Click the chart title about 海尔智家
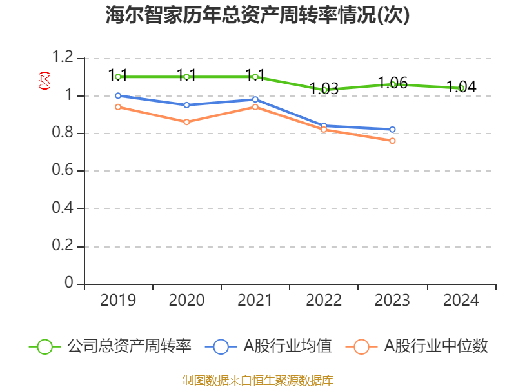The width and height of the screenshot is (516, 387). [258, 15]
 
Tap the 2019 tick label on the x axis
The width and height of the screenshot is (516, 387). [118, 301]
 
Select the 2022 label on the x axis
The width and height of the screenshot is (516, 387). [324, 301]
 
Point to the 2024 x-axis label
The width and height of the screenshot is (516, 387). [461, 301]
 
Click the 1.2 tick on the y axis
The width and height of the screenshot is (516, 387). [64, 59]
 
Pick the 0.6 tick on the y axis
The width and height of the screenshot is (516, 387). [64, 171]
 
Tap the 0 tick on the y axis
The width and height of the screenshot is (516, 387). [70, 284]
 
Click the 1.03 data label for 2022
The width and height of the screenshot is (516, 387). [324, 89]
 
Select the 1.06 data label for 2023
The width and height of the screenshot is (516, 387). [392, 83]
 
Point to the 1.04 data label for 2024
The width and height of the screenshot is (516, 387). [461, 87]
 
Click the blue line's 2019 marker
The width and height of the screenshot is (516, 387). [118, 95]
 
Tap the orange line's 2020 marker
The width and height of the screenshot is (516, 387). [186, 122]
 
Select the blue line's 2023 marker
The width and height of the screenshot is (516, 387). [392, 130]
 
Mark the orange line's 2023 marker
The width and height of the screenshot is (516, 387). [392, 141]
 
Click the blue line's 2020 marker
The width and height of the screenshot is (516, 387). [186, 105]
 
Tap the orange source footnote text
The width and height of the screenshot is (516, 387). [258, 380]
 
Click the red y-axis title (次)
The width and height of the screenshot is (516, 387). [44, 81]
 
